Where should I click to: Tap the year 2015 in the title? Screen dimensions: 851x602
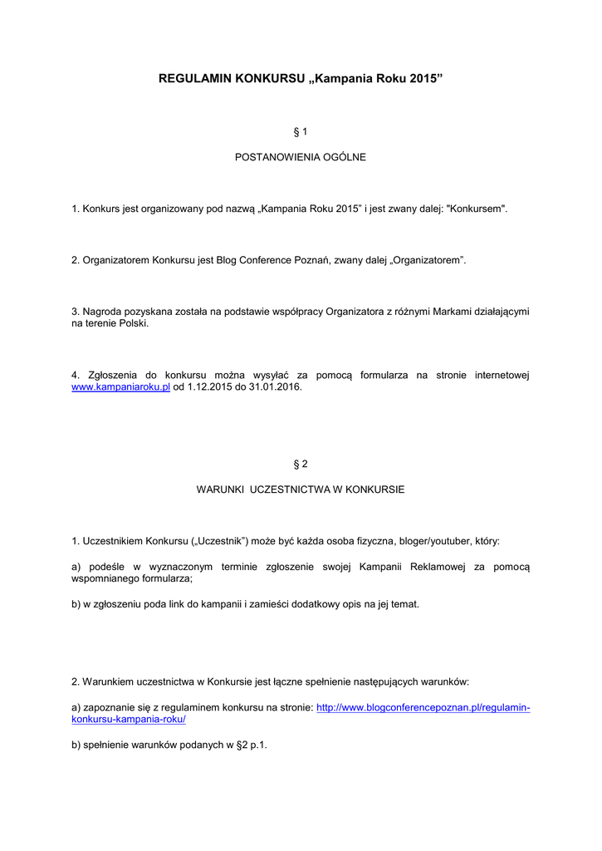[423, 79]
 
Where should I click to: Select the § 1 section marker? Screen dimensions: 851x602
[301, 132]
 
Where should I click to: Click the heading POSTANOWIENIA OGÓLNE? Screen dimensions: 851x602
[301, 157]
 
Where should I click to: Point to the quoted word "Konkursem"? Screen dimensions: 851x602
[477, 209]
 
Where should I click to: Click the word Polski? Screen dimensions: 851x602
[132, 323]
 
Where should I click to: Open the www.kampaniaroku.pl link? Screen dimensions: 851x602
[120, 386]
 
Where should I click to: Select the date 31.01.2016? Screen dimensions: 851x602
[278, 386]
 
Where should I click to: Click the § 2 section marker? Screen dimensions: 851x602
[301, 465]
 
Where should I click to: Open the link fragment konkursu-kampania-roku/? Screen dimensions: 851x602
[129, 719]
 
